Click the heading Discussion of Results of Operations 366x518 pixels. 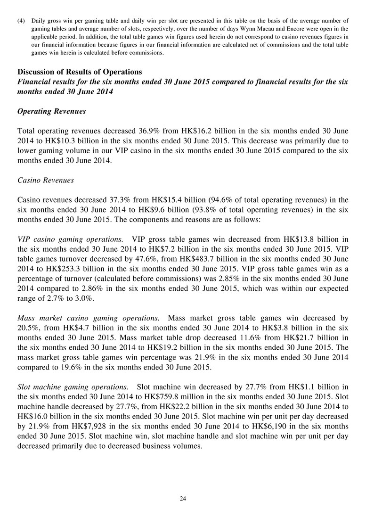80,72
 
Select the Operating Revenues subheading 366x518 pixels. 51,111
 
